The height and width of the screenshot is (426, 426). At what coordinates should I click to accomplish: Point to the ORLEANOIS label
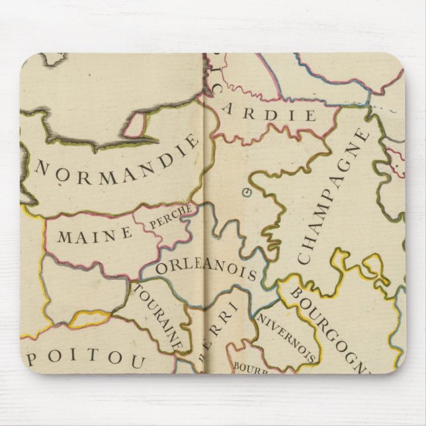coord(206,269)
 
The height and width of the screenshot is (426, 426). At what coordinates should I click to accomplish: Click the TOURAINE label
coord(159,318)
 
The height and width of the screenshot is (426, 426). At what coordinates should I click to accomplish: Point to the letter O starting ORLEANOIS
coord(163,269)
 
